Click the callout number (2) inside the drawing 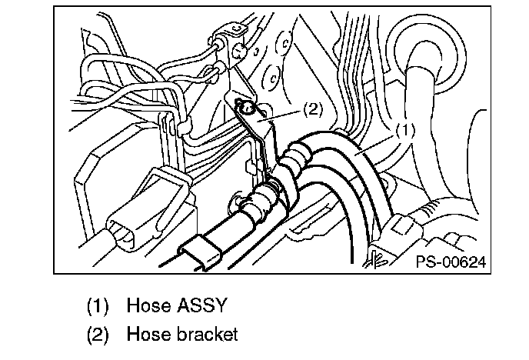coord(312,109)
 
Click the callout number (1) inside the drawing coord(405,132)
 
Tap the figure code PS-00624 coord(452,263)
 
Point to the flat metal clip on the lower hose coord(197,253)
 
